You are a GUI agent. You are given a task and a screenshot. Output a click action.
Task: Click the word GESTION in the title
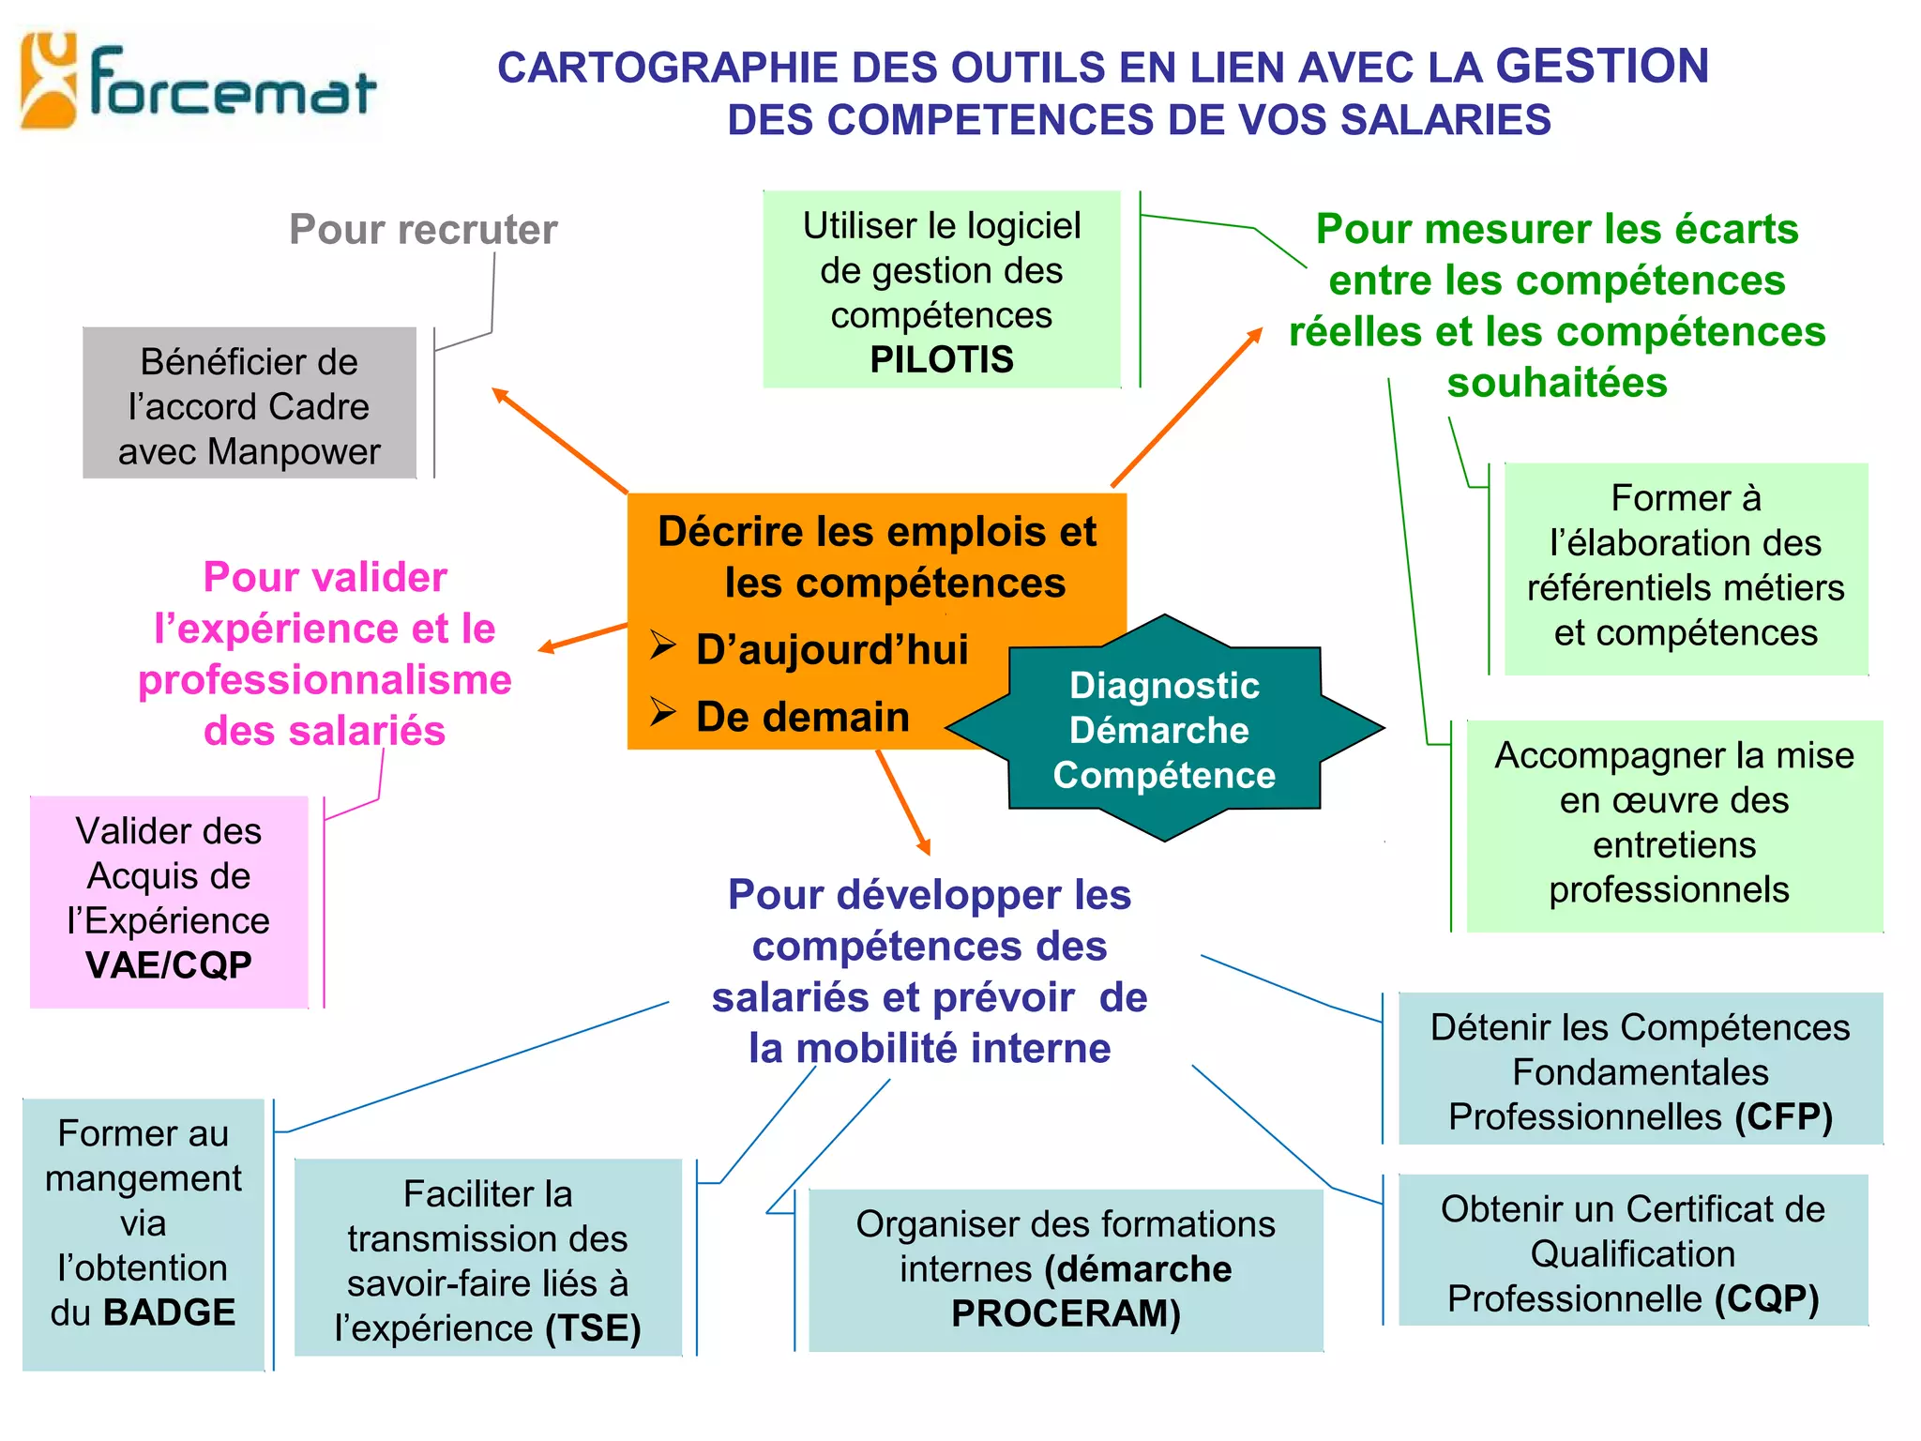[x=1601, y=67]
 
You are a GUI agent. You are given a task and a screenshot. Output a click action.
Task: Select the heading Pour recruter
[x=423, y=230]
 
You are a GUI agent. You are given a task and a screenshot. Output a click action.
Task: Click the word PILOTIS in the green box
[x=942, y=360]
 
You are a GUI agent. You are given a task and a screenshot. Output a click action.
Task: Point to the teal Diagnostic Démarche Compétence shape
[x=1164, y=729]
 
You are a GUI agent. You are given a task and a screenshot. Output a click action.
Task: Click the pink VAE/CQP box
[x=169, y=901]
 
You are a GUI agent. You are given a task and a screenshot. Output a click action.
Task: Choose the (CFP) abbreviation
[x=1783, y=1117]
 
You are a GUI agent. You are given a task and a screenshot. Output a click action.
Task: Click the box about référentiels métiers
[x=1686, y=567]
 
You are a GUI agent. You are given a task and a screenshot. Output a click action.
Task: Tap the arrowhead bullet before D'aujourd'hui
[x=663, y=646]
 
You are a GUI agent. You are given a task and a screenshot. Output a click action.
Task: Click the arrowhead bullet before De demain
[x=663, y=713]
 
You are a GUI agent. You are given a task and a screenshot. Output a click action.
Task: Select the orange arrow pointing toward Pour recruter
[x=560, y=440]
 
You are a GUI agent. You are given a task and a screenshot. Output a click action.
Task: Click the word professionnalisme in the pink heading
[x=325, y=680]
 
